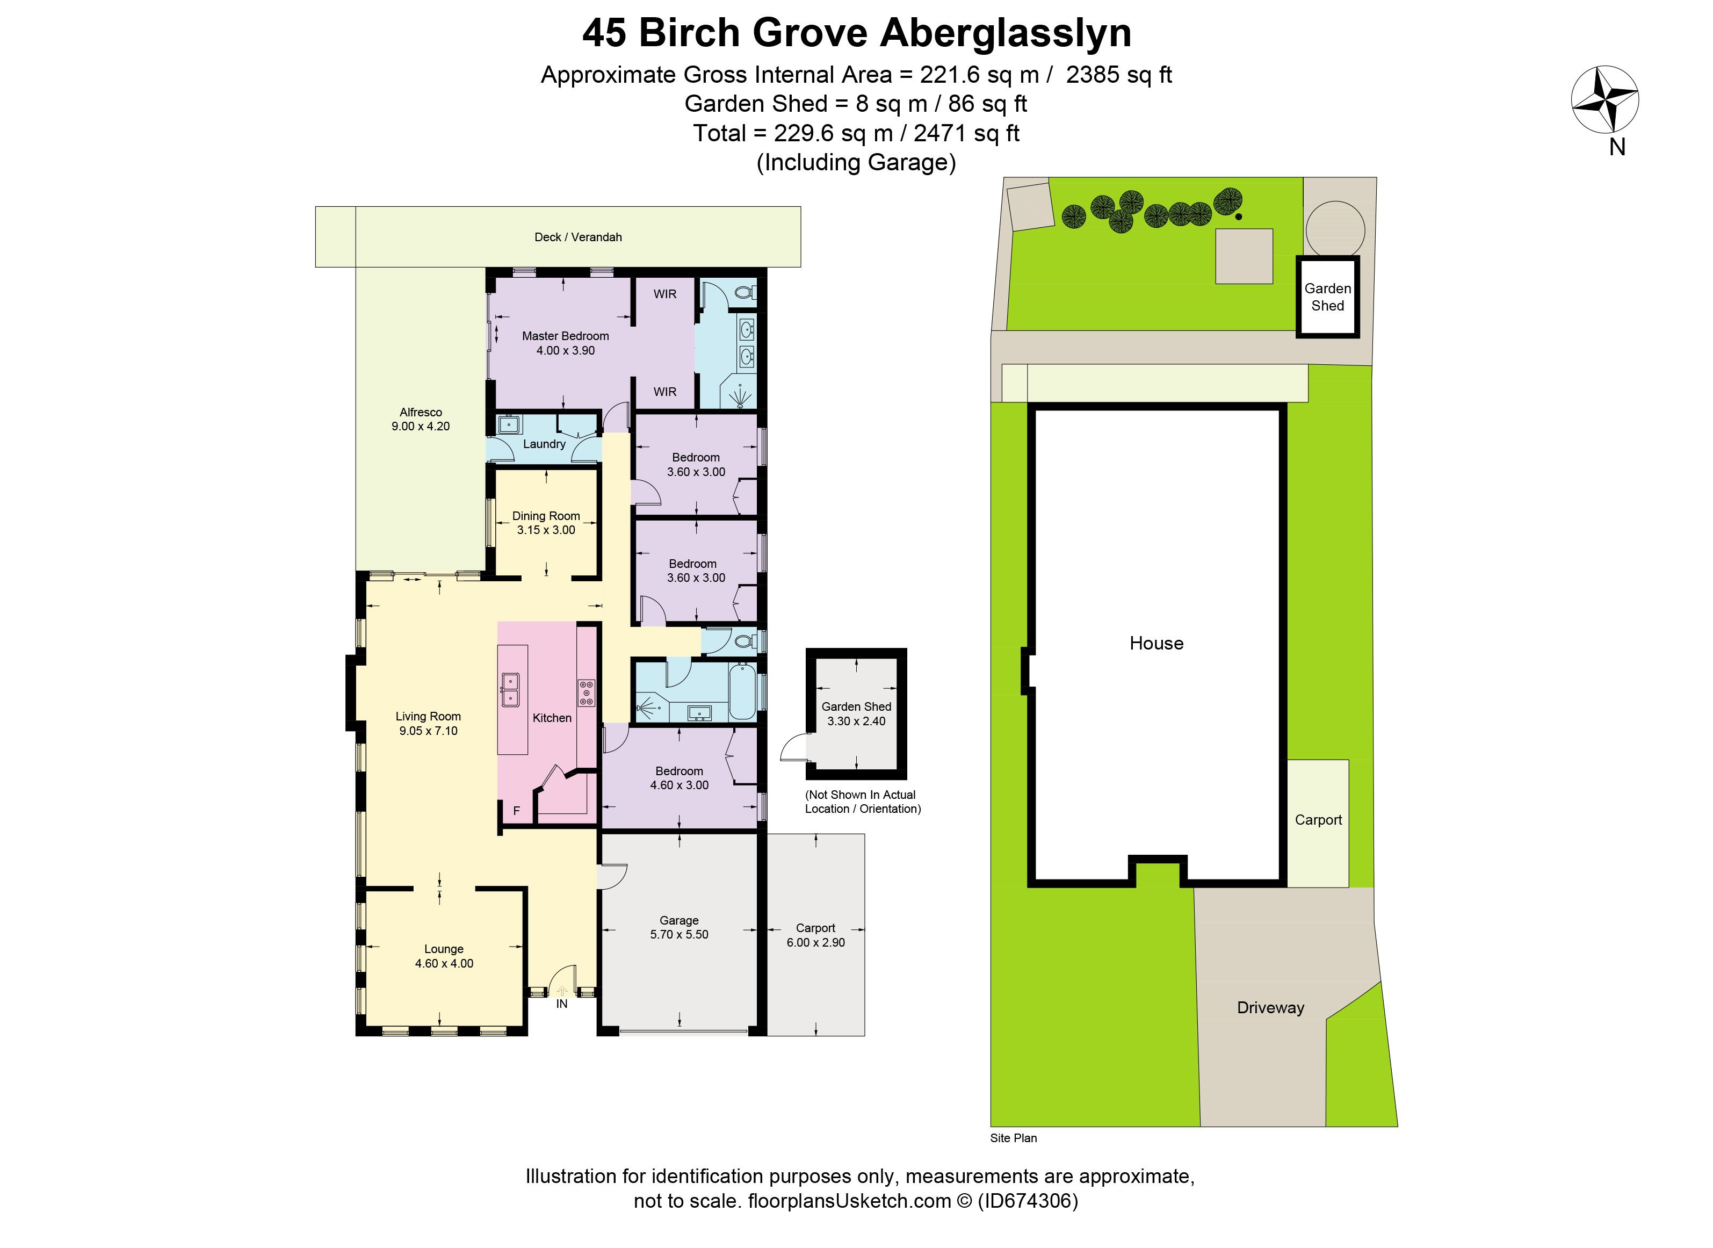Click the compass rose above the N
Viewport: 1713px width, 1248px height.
[x=1604, y=99]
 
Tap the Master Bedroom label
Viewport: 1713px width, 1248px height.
[x=565, y=336]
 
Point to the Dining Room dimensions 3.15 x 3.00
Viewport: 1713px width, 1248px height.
[x=546, y=530]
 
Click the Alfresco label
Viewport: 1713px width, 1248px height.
[x=421, y=413]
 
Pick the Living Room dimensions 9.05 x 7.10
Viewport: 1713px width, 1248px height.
[x=428, y=731]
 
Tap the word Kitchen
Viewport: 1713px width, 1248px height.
[x=552, y=718]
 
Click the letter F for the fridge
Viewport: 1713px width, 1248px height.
[x=517, y=811]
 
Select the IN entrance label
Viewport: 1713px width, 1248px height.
[x=562, y=1004]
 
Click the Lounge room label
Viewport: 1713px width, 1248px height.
[x=444, y=950]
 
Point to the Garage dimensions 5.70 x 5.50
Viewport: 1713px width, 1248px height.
[x=679, y=934]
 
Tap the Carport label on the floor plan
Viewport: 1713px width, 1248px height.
[x=816, y=928]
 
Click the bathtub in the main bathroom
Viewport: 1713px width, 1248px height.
[x=742, y=692]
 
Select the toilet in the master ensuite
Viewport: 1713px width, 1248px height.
[x=744, y=292]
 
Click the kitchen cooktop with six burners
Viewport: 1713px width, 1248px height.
[x=586, y=692]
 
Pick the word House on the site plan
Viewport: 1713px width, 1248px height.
[x=1157, y=644]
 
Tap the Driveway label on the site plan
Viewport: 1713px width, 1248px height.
[x=1270, y=1008]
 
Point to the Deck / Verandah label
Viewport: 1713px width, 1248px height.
[x=578, y=237]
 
